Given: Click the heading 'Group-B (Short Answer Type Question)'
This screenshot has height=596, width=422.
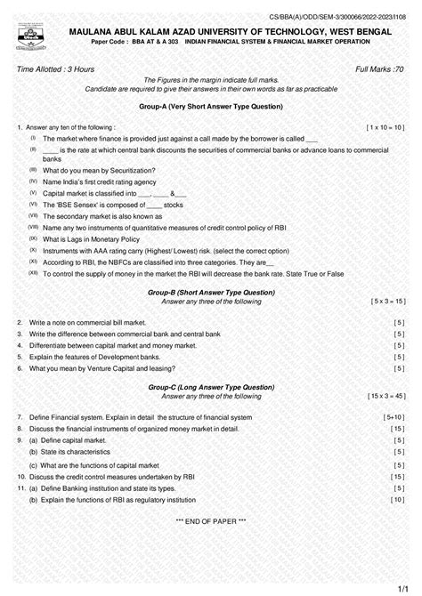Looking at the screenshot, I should pos(211,292).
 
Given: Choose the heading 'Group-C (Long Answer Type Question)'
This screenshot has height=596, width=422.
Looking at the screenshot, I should pos(211,387).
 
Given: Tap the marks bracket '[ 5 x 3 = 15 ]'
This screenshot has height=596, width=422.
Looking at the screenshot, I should pos(387,302).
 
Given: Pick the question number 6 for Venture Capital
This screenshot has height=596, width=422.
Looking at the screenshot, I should pos(19,367).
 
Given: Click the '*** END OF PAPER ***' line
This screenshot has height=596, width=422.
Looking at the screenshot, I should pos(210,519).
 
